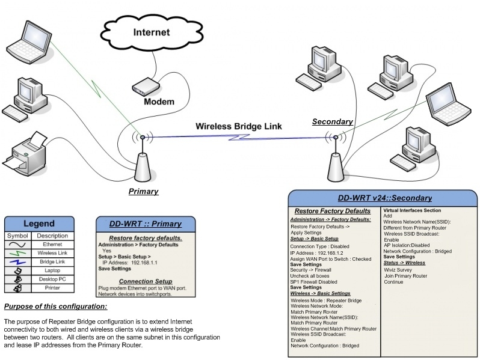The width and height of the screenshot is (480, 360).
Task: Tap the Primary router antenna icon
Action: tap(143, 162)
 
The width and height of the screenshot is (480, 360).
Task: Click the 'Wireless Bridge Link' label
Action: tap(238, 127)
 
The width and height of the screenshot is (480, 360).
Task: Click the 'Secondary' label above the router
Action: tap(332, 122)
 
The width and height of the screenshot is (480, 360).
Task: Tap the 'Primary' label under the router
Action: tap(144, 192)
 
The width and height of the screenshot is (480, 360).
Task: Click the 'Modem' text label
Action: tap(159, 102)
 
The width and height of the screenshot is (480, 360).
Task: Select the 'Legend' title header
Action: tap(38, 224)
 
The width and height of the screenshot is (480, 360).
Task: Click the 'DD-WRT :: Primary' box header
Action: tap(145, 224)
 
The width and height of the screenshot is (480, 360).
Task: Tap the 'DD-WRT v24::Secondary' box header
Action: tap(384, 198)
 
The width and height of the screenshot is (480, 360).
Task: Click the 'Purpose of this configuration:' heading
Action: tap(55, 307)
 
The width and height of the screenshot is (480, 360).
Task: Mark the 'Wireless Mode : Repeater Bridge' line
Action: tap(325, 300)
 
